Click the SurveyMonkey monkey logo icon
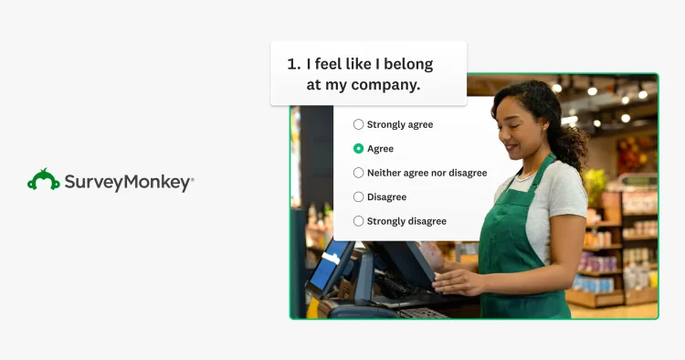(x=43, y=179)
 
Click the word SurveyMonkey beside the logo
(x=128, y=182)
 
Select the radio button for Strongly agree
(x=358, y=124)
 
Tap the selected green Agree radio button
(x=358, y=148)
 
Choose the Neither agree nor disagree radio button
(x=358, y=173)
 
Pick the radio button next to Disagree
(x=358, y=196)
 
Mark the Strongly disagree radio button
(x=358, y=221)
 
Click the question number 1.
(x=292, y=64)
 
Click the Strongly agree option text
(x=400, y=124)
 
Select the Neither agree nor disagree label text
(x=427, y=173)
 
